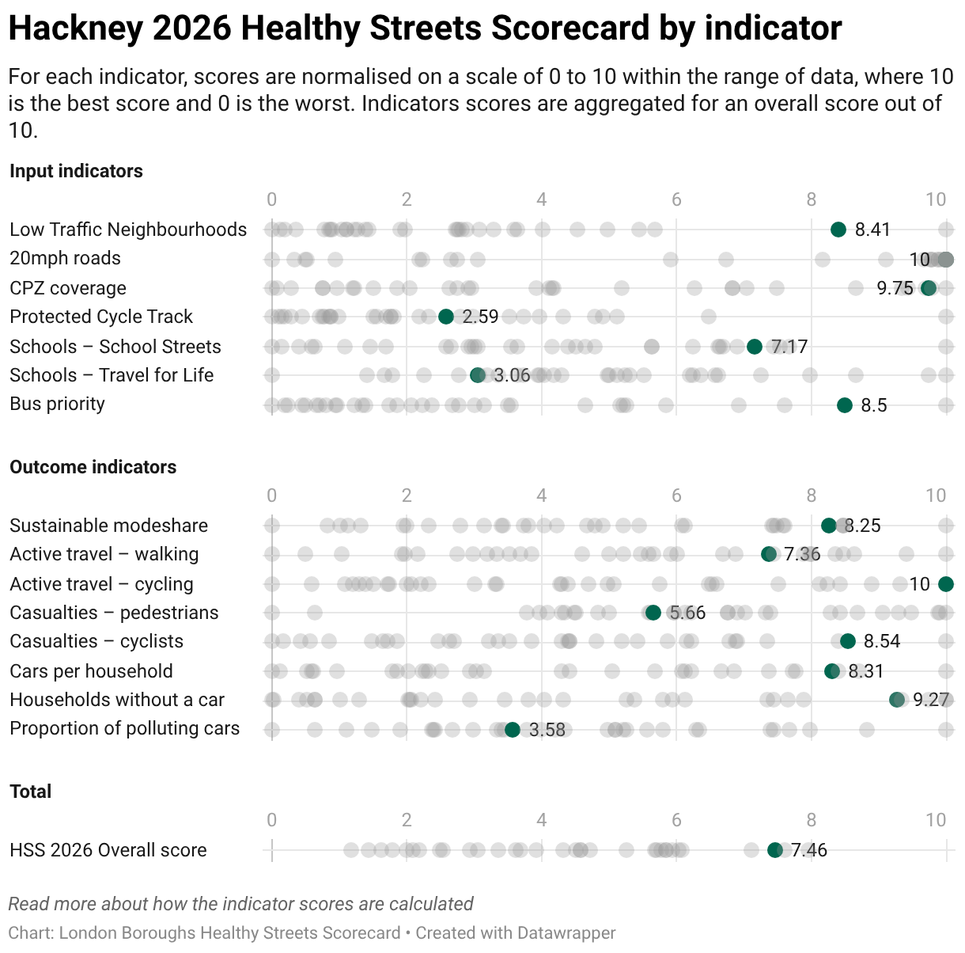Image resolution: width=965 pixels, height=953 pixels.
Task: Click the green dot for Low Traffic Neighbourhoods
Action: coord(838,230)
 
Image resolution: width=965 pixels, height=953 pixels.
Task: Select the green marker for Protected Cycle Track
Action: coord(445,317)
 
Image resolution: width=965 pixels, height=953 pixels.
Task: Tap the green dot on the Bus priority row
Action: coord(844,405)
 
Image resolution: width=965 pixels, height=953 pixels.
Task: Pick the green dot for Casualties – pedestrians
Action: coord(653,613)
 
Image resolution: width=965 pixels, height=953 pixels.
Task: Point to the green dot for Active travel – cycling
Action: coord(946,584)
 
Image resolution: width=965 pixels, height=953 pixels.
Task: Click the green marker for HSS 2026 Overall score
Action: coord(774,850)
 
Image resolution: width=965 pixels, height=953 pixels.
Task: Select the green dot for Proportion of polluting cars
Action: coord(513,730)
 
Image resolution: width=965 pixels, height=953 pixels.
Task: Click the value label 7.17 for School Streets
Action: coord(789,347)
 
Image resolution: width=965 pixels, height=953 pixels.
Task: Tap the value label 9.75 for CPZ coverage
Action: coord(895,288)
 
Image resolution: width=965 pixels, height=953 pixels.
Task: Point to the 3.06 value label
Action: coord(512,375)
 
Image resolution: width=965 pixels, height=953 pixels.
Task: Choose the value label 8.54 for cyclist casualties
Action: coord(882,641)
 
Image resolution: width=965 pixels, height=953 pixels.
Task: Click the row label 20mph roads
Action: coord(65,258)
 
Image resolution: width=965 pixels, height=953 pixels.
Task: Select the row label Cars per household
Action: coord(91,670)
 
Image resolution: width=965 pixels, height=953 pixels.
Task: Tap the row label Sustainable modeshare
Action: coord(108,526)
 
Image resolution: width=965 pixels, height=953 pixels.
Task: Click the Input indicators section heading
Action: coord(76,171)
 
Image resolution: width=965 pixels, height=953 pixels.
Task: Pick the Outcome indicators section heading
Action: coord(93,467)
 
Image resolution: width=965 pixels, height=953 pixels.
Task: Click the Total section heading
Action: coord(31,791)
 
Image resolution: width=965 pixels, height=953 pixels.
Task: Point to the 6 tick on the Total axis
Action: coord(676,820)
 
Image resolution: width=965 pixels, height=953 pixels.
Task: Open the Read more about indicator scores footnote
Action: coord(241,904)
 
